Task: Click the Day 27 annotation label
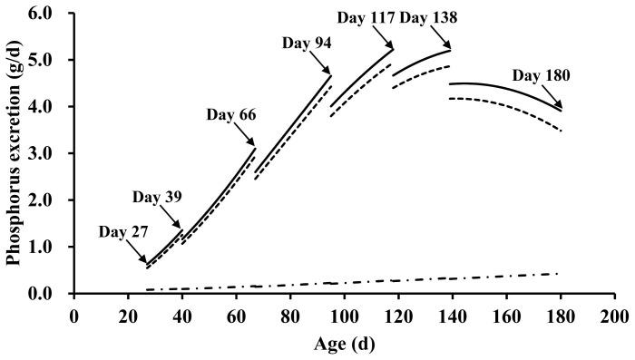pos(124,231)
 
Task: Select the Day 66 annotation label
pos(230,114)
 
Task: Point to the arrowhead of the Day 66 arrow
pos(255,145)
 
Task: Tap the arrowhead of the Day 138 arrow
pos(449,48)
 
